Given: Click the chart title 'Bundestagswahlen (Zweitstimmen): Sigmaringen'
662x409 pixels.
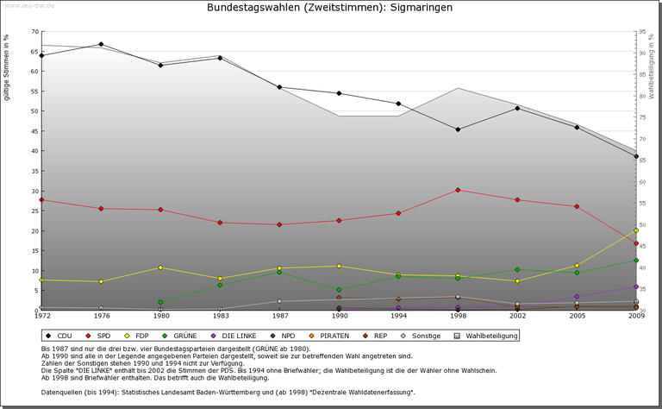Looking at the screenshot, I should (330, 8).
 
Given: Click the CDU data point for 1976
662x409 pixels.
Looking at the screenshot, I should (102, 44).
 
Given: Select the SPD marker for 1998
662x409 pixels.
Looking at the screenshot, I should (458, 190).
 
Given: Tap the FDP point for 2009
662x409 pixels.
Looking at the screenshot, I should (636, 230).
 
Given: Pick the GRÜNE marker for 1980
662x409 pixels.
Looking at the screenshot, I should (161, 302).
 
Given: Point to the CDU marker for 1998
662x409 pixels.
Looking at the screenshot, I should (458, 129).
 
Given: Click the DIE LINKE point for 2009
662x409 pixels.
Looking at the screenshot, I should (636, 286).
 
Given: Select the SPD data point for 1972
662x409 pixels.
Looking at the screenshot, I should (42, 200).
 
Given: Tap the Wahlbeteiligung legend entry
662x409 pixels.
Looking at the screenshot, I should (487, 335).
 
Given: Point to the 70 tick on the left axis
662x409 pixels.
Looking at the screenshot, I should (34, 32).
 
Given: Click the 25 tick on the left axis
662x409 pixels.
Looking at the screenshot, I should (34, 211).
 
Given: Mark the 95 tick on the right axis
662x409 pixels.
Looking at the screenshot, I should (643, 32).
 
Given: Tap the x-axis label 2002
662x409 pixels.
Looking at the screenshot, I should (517, 317).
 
